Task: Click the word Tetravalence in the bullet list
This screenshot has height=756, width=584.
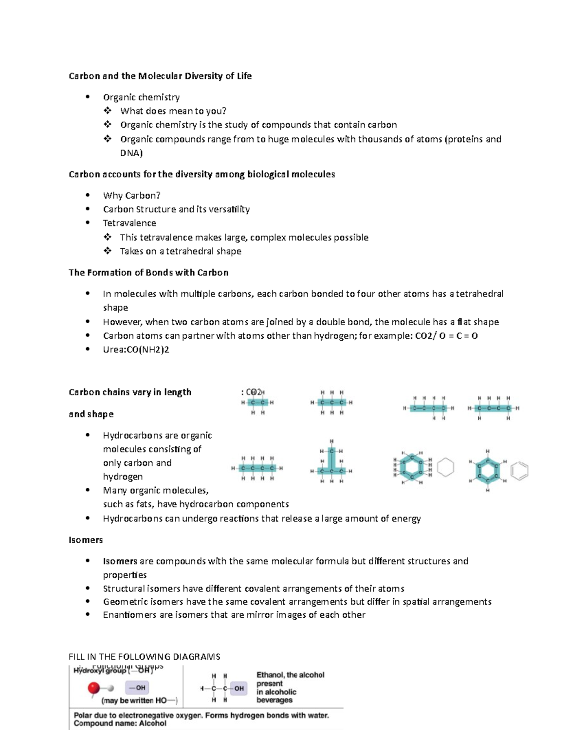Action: click(x=129, y=223)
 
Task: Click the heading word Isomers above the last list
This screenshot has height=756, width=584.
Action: click(x=86, y=540)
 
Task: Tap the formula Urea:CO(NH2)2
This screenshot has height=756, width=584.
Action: click(x=136, y=350)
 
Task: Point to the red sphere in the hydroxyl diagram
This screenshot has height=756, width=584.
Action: click(x=93, y=688)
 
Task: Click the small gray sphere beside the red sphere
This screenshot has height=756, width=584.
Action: click(x=111, y=688)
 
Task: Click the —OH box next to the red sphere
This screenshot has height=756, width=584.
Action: click(x=137, y=688)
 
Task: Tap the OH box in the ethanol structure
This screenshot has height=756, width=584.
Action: click(x=238, y=688)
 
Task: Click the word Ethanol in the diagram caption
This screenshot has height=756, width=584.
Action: click(x=270, y=675)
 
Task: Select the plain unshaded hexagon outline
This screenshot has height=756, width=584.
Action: click(x=445, y=467)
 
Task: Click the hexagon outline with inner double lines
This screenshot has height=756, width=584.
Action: click(x=519, y=471)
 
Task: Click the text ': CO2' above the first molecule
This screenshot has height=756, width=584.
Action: click(x=252, y=392)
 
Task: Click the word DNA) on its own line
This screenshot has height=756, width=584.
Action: click(x=131, y=153)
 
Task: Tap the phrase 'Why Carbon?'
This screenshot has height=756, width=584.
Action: click(x=131, y=196)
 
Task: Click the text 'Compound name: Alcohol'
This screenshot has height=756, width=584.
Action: click(x=120, y=723)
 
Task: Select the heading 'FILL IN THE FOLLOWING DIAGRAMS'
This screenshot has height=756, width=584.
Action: click(x=144, y=657)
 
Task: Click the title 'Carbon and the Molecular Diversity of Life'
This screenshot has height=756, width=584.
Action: click(x=160, y=76)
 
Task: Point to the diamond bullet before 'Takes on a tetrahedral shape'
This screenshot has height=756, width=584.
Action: click(x=108, y=251)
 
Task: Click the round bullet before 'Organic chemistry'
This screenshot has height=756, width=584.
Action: click(x=88, y=97)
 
